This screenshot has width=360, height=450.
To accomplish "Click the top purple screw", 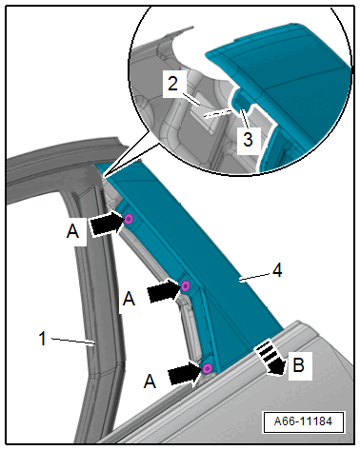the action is [x=129, y=219].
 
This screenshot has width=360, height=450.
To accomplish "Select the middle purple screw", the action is [x=186, y=286].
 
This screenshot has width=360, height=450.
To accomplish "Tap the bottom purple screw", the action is [x=207, y=368].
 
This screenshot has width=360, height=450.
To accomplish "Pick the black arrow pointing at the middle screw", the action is [x=164, y=290].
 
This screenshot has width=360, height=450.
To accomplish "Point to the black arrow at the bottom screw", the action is [x=185, y=373].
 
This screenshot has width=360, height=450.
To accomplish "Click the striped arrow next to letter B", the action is [x=271, y=357].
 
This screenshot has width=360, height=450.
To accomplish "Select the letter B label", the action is [x=298, y=364].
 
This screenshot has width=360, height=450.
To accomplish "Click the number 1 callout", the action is [x=43, y=339].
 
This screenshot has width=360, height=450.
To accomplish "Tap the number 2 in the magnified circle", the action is [x=172, y=84].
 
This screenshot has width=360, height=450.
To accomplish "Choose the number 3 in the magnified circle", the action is [x=248, y=139].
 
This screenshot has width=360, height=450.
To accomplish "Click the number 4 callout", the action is [x=277, y=271].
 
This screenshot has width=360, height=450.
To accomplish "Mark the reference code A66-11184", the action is [x=303, y=421].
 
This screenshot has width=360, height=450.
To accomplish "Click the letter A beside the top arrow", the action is [x=72, y=231].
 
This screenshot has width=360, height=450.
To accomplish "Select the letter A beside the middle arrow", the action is [x=129, y=299].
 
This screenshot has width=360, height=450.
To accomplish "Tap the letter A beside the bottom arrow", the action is [x=150, y=382].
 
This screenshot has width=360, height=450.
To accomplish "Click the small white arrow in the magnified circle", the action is [x=218, y=112].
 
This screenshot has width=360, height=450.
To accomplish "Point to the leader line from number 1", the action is [x=73, y=342].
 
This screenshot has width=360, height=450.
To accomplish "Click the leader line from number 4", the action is [x=255, y=278].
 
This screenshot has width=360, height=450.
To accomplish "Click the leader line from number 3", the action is [x=245, y=118].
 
